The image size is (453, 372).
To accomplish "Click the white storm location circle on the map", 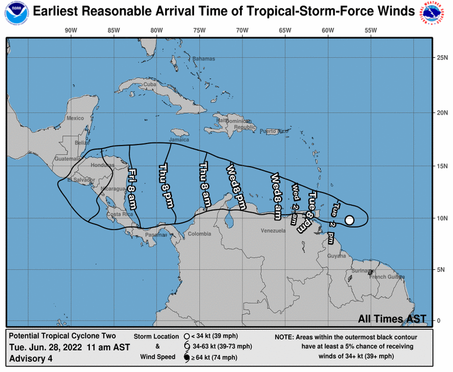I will [349, 220].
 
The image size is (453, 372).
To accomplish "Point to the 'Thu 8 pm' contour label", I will [165, 184].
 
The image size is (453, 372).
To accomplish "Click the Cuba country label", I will [149, 84].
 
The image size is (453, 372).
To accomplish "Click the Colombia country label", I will [199, 234].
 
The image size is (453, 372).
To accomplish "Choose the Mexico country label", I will [75, 118].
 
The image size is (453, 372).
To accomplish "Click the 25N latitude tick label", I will [442, 58].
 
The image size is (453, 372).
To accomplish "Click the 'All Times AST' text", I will [392, 319].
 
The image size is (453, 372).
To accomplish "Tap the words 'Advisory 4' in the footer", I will [31, 359].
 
